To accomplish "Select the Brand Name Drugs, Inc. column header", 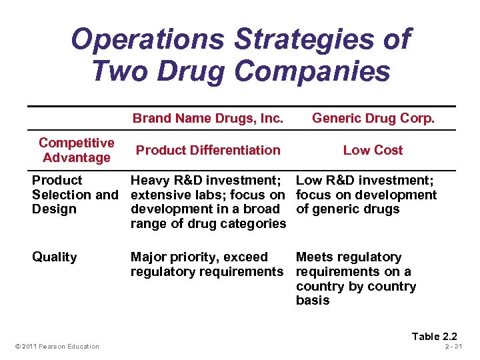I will click(x=208, y=119).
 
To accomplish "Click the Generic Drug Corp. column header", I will click(x=373, y=119).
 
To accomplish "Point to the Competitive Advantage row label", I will click(x=76, y=150).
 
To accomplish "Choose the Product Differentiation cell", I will click(x=208, y=150).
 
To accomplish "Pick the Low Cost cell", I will click(x=373, y=150).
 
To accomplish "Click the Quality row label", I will click(x=54, y=257).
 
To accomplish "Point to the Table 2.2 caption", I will click(x=434, y=336).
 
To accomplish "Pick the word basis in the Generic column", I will click(x=313, y=301).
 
